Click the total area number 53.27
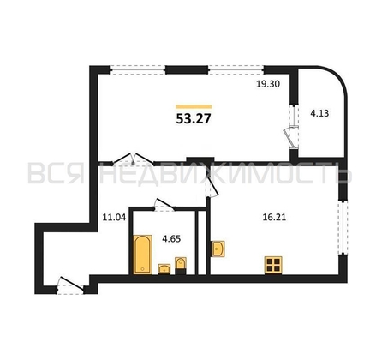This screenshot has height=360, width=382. [x=194, y=118]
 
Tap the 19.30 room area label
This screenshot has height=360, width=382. [x=267, y=84]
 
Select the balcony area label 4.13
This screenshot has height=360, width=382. [x=319, y=113]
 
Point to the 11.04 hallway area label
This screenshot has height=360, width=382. [x=114, y=218]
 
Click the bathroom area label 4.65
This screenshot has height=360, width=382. [x=171, y=238]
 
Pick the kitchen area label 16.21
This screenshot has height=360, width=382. [x=274, y=218]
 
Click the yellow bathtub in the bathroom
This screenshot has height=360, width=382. [x=143, y=254]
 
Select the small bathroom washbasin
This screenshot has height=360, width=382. [x=164, y=269]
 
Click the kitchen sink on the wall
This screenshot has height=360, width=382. [x=218, y=249]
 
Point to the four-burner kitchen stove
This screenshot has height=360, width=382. [x=273, y=265]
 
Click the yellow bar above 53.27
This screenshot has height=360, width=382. [x=194, y=106]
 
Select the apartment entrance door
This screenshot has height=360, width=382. [x=70, y=285]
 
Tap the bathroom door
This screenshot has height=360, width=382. [x=164, y=205]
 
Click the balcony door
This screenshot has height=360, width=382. [x=292, y=134]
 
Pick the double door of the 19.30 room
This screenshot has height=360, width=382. [x=133, y=160]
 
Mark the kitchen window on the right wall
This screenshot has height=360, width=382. [x=343, y=227]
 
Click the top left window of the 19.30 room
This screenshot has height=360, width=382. [x=138, y=69]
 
